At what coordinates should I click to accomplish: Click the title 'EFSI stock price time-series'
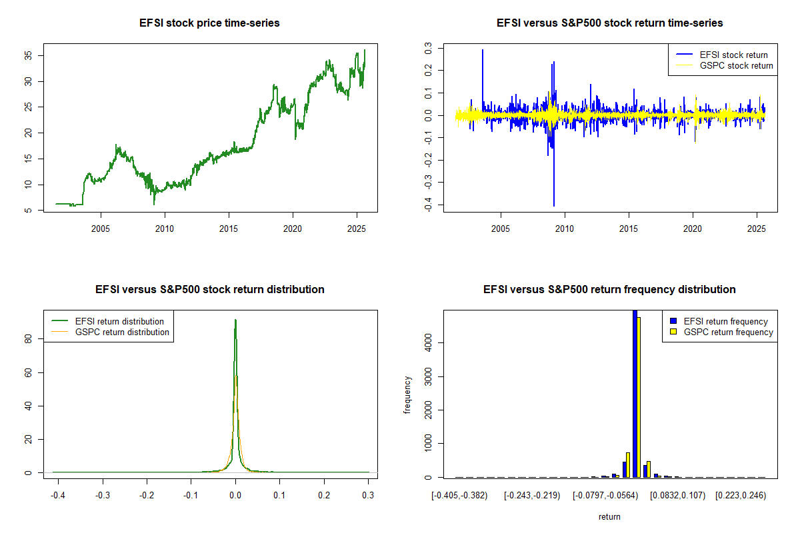point(209,23)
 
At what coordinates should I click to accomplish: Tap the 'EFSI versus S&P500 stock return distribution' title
point(209,290)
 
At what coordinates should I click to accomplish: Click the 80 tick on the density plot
point(30,338)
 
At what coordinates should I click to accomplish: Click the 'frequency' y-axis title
point(407,394)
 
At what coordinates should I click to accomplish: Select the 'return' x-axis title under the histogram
point(609,516)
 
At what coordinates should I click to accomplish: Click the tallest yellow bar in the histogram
point(639,397)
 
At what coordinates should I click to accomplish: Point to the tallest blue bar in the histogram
point(635,393)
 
